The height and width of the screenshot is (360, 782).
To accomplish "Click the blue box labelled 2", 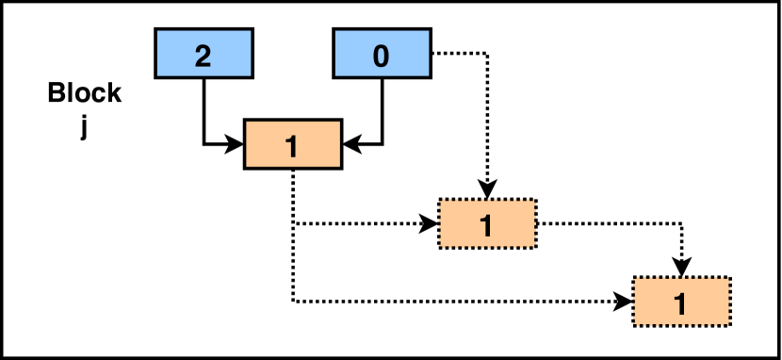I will (204, 53).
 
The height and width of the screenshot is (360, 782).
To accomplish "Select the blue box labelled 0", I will (381, 53).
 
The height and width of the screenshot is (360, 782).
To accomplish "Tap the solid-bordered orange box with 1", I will (293, 144).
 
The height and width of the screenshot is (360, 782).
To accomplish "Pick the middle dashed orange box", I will (487, 224).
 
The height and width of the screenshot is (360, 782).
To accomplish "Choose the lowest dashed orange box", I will (680, 302).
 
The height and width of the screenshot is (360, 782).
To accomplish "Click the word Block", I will (85, 93).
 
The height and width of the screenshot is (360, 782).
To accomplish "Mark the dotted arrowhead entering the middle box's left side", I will (430, 224).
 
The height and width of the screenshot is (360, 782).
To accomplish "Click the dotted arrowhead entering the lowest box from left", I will (624, 302).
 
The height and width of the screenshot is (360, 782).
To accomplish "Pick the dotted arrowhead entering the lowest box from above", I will (680, 269).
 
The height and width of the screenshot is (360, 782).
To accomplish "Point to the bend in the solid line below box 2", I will (204, 144).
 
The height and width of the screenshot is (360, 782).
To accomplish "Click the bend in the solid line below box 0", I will (381, 144).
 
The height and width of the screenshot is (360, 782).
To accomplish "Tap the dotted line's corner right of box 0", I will (486, 54).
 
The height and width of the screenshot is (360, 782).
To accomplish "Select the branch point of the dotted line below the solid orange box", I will (293, 224).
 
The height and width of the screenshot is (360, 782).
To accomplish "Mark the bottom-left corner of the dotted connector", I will (293, 302).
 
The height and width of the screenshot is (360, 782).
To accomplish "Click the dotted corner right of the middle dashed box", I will (680, 224).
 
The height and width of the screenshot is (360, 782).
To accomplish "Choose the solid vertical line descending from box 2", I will (204, 108).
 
